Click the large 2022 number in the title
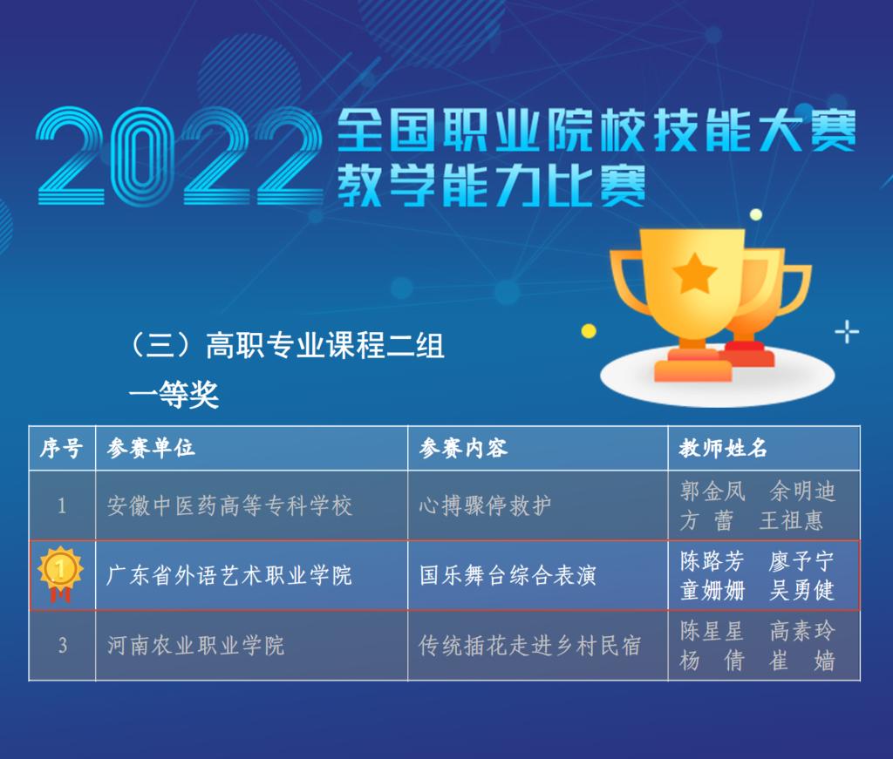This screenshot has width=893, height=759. (x=180, y=156)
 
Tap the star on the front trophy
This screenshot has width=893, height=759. (x=694, y=273)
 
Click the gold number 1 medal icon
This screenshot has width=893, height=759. (x=60, y=573)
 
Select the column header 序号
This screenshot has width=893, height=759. (x=62, y=449)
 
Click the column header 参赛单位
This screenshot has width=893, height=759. (x=151, y=449)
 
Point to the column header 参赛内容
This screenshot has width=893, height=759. (x=463, y=449)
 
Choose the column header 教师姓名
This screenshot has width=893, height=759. (x=723, y=449)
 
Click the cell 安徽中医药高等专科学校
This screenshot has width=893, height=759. (x=229, y=505)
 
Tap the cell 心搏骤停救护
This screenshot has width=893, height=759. (x=485, y=505)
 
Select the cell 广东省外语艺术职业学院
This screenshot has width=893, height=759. (x=229, y=575)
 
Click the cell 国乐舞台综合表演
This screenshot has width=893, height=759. (x=508, y=575)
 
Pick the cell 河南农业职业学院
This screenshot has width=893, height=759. (x=195, y=645)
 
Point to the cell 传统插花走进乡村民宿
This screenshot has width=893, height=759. (x=530, y=645)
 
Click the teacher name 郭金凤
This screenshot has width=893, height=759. (x=712, y=491)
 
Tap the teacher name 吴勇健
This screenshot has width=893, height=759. (x=802, y=590)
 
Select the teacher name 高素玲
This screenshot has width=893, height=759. (x=802, y=631)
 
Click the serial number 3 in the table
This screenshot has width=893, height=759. (x=62, y=645)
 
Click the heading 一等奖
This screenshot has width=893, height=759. (x=174, y=394)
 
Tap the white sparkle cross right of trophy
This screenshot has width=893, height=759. (x=847, y=332)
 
